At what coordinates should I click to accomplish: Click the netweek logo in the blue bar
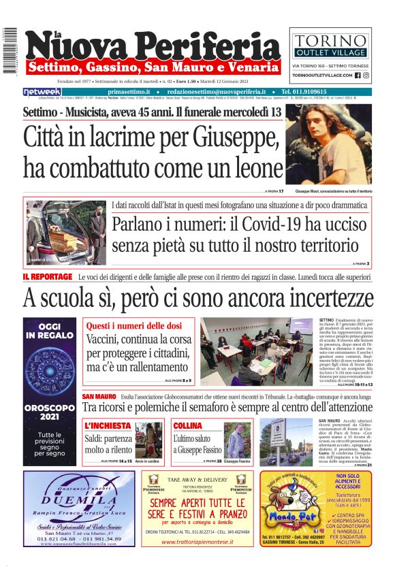pyautogui.click(x=42, y=92)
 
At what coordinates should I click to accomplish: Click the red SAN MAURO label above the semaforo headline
pyautogui.click(x=99, y=396)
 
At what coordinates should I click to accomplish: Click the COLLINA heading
pyautogui.click(x=187, y=425)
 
